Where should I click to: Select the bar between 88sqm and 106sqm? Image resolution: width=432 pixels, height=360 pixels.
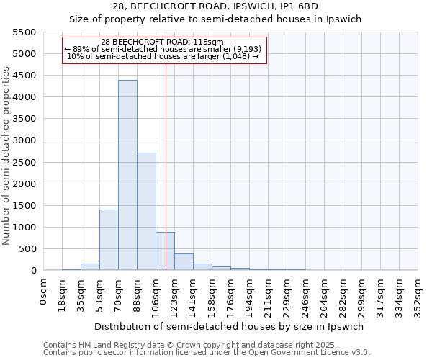[146, 212]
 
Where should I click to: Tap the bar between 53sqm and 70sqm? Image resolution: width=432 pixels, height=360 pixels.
[109, 240]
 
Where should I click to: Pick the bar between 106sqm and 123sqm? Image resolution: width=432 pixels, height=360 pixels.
[165, 251]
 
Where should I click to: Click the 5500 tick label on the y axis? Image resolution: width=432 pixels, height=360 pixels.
[24, 32]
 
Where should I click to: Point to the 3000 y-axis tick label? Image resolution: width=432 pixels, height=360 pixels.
[24, 140]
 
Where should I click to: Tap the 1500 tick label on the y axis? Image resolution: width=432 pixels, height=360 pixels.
[24, 206]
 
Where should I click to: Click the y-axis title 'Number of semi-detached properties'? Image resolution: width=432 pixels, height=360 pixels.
[7, 156]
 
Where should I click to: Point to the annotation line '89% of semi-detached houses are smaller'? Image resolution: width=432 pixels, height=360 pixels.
[164, 49]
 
